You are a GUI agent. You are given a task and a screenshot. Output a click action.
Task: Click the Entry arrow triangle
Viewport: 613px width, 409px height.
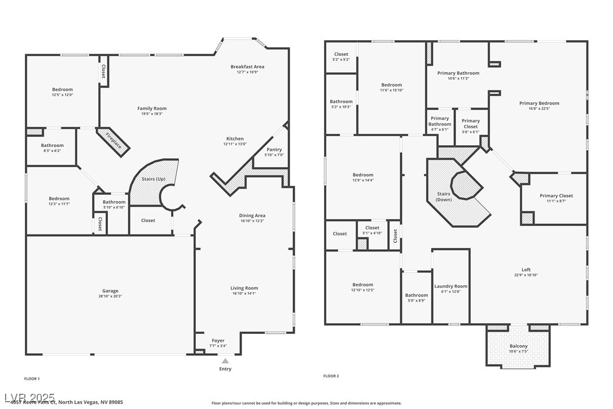tap(225, 360)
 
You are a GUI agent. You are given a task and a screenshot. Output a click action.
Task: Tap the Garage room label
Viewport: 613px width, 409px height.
tap(110, 291)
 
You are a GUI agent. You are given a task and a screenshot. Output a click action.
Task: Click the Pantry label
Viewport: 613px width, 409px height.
tap(274, 150)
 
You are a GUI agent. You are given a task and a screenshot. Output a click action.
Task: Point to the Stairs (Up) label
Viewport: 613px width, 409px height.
tap(153, 179)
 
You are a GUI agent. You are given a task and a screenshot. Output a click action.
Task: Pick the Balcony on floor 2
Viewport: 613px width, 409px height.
tap(518, 346)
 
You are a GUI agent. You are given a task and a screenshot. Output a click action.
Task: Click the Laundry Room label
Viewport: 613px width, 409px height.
tap(450, 286)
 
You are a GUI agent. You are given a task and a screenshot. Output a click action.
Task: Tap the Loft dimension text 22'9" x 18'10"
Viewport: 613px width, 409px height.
tap(526, 275)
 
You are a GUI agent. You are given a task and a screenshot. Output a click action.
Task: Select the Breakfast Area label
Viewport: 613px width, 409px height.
tap(247, 67)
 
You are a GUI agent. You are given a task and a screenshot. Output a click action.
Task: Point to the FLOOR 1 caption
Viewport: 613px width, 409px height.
tap(32, 378)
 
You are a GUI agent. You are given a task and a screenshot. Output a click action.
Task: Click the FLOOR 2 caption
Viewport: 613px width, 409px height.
tap(331, 376)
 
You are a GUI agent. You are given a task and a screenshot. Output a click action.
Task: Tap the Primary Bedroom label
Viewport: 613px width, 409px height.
tap(539, 103)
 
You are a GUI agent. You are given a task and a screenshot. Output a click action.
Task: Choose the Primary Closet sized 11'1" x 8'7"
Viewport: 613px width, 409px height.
tap(556, 196)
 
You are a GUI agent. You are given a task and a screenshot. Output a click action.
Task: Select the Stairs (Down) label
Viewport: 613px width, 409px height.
tap(444, 197)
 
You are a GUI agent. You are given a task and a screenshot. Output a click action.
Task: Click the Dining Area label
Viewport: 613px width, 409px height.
tap(252, 215)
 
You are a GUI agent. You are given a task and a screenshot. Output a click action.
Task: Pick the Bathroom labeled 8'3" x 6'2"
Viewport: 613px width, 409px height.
tap(52, 146)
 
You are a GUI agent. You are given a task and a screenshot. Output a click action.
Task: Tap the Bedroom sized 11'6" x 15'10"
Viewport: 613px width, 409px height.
tap(391, 85)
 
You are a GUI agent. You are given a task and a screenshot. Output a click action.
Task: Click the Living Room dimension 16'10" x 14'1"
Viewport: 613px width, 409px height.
tap(244, 294)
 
